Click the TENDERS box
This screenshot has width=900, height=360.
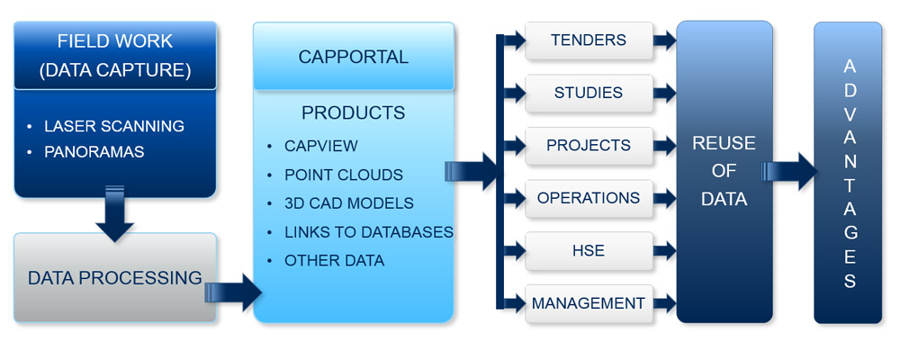pos(589,40)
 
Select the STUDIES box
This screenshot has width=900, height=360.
pos(589,93)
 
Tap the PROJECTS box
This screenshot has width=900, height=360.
pos(589,146)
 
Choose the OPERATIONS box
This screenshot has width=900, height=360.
pos(589,199)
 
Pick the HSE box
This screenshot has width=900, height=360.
pos(589,251)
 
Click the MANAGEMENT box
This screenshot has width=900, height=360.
pos(589,303)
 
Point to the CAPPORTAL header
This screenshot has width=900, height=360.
pos(354,57)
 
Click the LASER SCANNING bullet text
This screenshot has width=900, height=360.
pos(114,126)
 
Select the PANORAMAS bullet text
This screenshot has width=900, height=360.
pos(94,152)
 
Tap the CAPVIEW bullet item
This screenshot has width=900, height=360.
pos(321,146)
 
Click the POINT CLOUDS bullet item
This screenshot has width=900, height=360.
pos(344,175)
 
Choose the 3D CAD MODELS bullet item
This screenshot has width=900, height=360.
pos(349,203)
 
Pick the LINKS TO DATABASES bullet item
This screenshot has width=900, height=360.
pos(368,232)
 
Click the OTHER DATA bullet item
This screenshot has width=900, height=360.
pos(335,261)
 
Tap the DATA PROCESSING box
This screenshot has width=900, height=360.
pos(115,278)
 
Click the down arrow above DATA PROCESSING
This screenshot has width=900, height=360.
pos(115,213)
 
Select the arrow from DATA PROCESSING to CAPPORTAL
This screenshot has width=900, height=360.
pos(233,292)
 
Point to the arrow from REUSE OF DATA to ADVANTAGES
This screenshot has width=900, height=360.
pos(789,171)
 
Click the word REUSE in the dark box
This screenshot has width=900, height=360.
pos(724,143)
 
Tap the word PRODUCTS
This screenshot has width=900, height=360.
pos(354,113)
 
